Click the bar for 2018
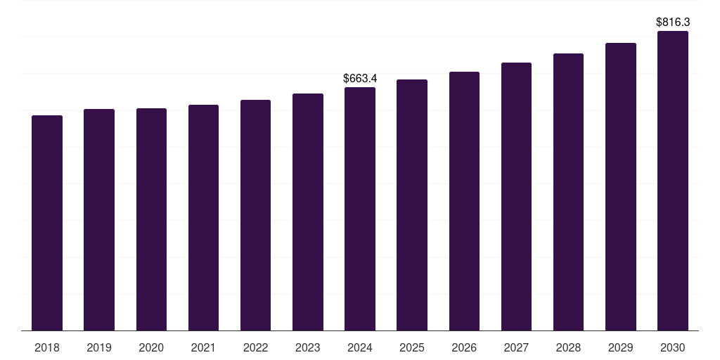tap(47, 223)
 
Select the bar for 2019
tap(99, 220)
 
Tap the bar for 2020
tap(152, 219)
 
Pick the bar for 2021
tap(203, 218)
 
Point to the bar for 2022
tap(255, 215)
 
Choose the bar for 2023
tap(308, 212)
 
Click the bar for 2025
tap(412, 205)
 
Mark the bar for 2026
tap(464, 201)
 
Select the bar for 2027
tap(516, 197)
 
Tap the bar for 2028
tap(568, 192)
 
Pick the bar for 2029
tap(621, 187)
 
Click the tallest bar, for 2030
tap(673, 181)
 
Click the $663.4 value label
tap(360, 79)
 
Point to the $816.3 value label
tap(673, 22)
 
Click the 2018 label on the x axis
tap(47, 347)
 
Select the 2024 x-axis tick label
tap(360, 347)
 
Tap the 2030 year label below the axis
tap(673, 347)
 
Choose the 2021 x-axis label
tap(203, 347)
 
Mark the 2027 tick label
tap(516, 347)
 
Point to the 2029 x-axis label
tap(621, 347)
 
